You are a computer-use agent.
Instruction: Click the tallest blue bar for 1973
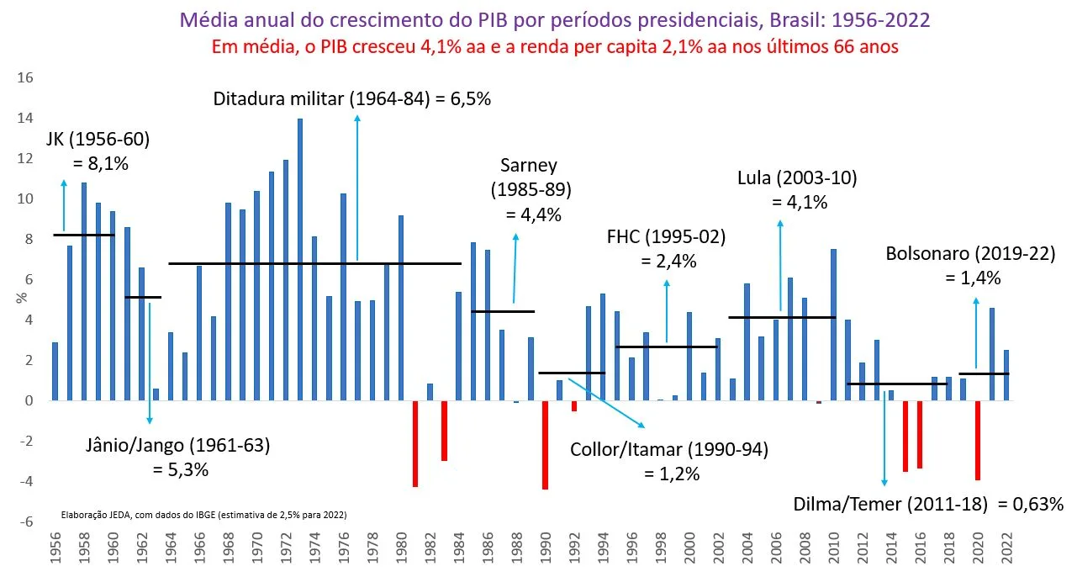300,260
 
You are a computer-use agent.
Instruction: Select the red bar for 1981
415,444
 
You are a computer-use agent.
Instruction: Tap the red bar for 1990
546,445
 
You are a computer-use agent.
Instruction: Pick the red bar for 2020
978,440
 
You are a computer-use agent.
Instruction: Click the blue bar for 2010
834,325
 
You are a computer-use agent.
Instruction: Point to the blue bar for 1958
84,291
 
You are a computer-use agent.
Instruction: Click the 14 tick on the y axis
25,119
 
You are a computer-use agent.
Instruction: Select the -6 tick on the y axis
25,521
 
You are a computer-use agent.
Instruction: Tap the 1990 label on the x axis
546,548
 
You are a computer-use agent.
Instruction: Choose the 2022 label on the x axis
1007,548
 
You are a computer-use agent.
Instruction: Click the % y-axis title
22,298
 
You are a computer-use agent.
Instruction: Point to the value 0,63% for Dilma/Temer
1031,504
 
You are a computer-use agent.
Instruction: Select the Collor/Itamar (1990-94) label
669,450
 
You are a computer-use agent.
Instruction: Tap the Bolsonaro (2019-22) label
970,253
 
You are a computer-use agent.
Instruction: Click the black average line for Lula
782,317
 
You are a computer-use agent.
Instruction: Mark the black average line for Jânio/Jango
143,297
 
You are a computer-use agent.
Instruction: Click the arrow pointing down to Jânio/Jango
150,363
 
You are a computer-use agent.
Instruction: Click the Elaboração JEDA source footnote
203,515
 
